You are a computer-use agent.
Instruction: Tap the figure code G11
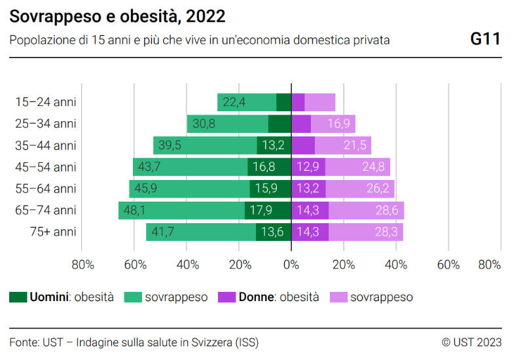coord(486,39)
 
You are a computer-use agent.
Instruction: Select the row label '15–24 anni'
coord(46,102)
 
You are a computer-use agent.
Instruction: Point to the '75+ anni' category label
coord(53,232)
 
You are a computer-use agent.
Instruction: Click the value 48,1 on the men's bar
coord(134,210)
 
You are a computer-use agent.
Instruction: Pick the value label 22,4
coord(234,102)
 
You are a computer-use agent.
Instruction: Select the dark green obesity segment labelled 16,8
coord(269,167)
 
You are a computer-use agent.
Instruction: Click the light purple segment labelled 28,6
coord(380,210)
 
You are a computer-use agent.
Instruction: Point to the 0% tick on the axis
coord(291,265)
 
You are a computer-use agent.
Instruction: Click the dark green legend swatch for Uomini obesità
coord(18,297)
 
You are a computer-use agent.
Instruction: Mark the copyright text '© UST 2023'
coord(471,342)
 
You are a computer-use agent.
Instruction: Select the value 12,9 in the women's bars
coord(308,167)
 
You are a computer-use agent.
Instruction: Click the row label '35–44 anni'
coord(46,145)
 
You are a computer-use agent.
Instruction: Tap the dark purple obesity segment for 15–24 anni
coord(298,102)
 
